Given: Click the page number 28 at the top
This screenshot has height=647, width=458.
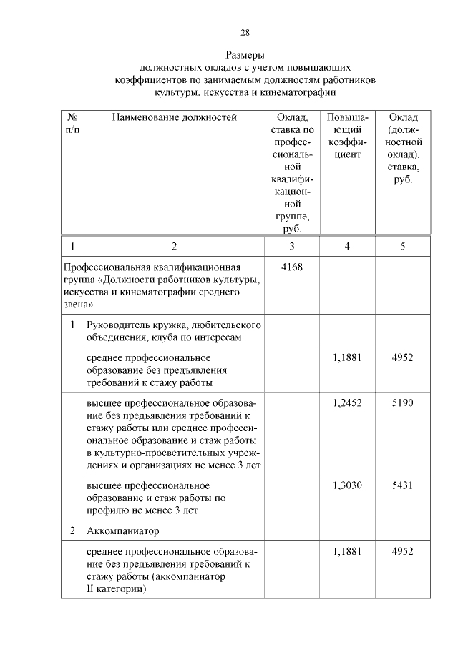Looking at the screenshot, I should click(x=245, y=32).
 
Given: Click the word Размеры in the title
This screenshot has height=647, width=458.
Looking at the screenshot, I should click(x=245, y=55).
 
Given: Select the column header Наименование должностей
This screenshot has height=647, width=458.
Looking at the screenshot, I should click(x=174, y=117).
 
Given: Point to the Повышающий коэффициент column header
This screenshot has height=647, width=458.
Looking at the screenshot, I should click(x=347, y=135).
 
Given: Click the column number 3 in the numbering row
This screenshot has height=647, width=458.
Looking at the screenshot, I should click(x=291, y=246).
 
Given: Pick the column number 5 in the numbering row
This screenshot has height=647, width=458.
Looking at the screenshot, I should click(x=403, y=246).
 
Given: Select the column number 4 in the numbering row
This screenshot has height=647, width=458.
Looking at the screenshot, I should click(x=347, y=246).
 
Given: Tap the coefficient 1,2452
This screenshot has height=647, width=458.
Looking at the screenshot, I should click(x=347, y=403).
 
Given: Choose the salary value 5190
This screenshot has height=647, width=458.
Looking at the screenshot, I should click(x=403, y=403).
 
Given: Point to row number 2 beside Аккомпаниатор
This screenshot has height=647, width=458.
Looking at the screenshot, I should click(x=72, y=532).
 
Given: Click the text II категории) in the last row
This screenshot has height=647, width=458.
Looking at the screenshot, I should click(x=117, y=590).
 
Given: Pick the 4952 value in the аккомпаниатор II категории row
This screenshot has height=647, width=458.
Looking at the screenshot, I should click(x=403, y=552).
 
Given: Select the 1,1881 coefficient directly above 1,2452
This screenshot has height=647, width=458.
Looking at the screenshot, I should click(x=347, y=357).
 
